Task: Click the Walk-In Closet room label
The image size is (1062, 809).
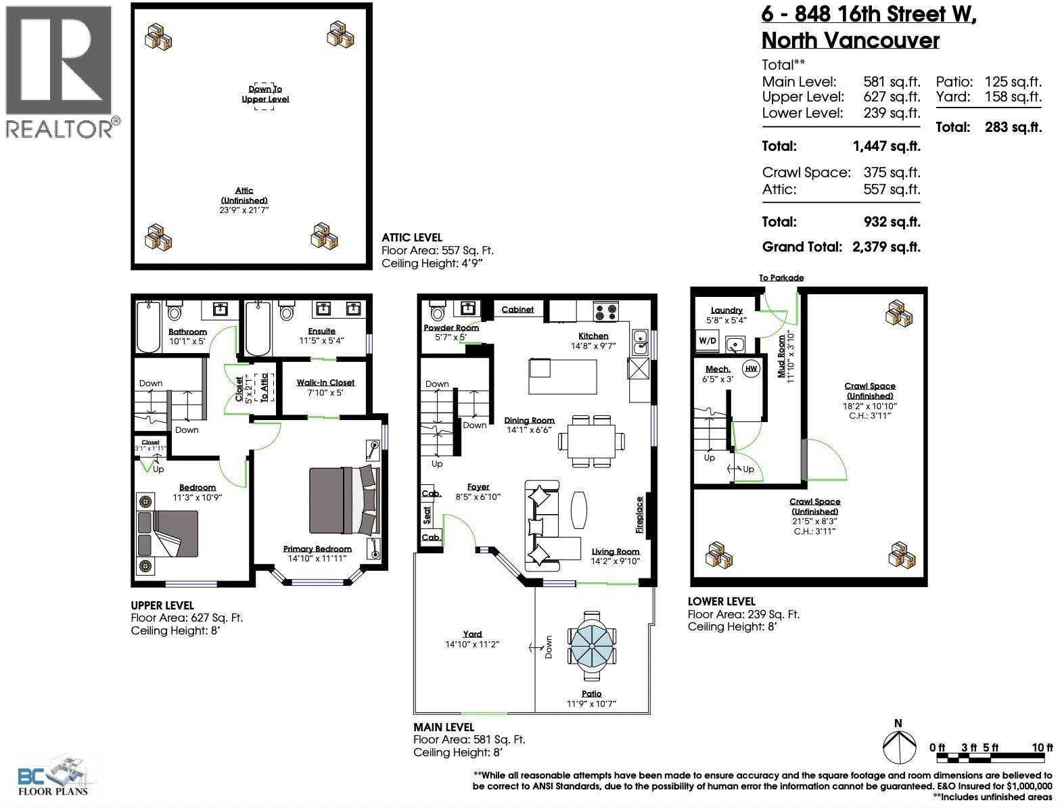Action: coord(325,382)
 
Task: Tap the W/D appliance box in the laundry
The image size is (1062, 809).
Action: coord(707,341)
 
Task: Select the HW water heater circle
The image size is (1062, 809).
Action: coord(750,369)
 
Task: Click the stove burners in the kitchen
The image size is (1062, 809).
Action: coord(605,312)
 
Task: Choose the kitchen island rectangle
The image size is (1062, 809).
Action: coord(563,377)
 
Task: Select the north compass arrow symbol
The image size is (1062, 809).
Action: coord(898,745)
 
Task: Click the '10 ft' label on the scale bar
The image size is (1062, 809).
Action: coord(1042,747)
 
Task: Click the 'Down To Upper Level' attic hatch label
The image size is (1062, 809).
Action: coord(265,94)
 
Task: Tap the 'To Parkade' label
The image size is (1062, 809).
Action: coord(781,277)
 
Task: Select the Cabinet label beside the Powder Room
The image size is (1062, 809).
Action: coord(517,309)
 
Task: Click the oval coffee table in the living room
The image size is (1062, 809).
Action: coord(580,509)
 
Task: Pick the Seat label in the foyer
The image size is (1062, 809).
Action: coord(427,515)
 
